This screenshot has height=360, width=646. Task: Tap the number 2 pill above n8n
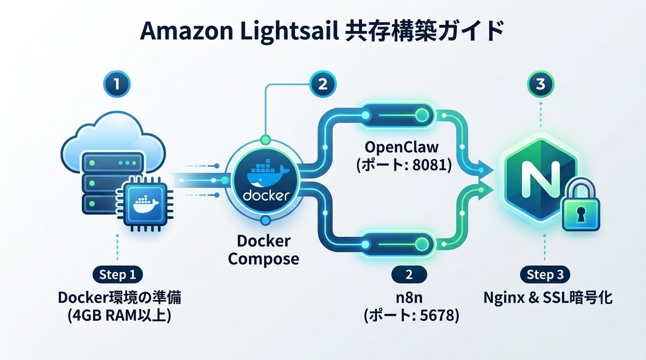tap(409, 274)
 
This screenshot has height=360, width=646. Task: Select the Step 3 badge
tap(544, 274)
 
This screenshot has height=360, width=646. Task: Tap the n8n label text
tap(409, 298)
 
